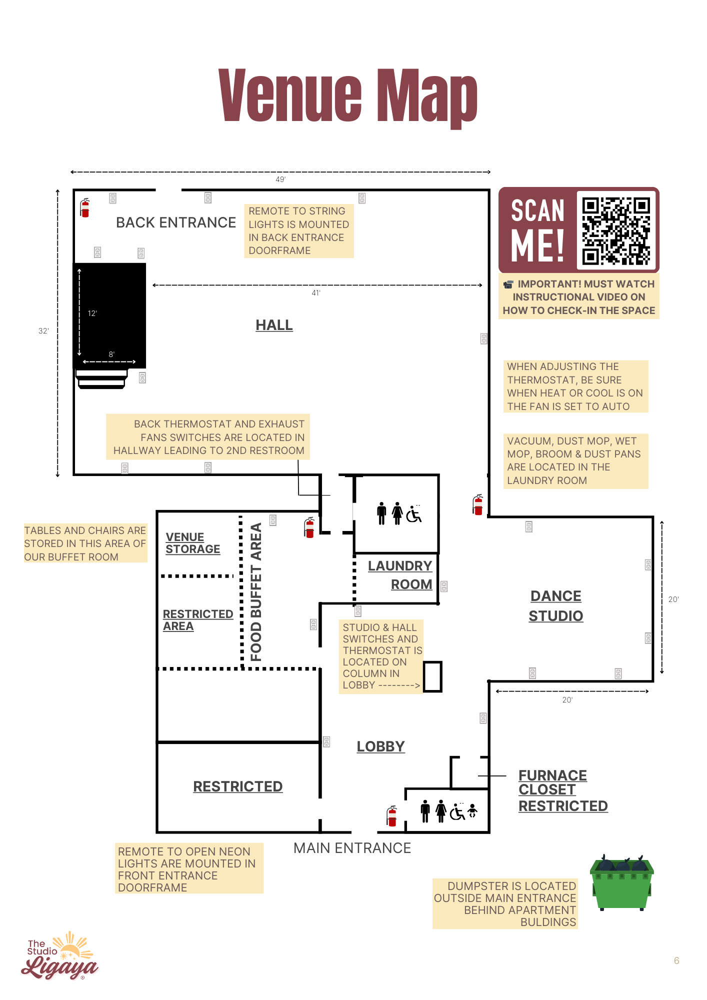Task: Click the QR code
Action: coord(616,230)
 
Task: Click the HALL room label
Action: coord(274,325)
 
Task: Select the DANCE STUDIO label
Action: coord(556,606)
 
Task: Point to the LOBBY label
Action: coord(380,746)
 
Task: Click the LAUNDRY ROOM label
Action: coord(400,575)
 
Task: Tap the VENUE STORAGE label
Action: coord(192,543)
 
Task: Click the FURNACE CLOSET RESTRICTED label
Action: coord(562,790)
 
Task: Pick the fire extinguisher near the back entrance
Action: coord(85,207)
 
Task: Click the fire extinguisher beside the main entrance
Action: coord(392,816)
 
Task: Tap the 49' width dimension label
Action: coord(280,179)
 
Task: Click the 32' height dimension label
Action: coord(43,331)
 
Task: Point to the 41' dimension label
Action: coord(316,293)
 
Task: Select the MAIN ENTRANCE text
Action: coord(352,848)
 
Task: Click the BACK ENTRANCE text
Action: coord(176,222)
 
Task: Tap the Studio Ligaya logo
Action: coord(60,956)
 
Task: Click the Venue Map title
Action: coord(348,96)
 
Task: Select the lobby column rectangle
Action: coord(432,676)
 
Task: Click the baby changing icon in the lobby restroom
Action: coord(472,811)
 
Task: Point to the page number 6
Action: coord(676,960)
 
